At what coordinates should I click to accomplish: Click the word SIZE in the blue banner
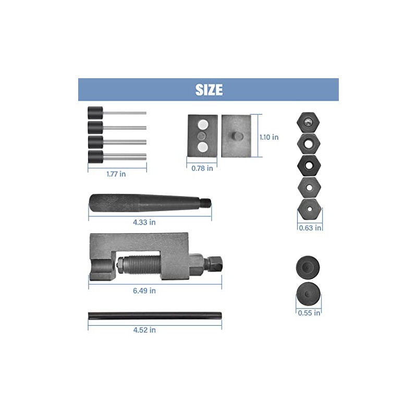[x=209, y=90]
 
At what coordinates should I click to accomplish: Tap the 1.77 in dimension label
[x=116, y=174]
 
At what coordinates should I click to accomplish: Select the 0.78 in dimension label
[x=202, y=168]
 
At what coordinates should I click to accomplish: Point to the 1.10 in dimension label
[x=269, y=137]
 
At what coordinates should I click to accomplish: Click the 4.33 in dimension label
[x=144, y=222]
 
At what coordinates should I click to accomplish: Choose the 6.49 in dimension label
[x=144, y=290]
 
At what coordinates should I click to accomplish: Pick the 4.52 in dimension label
[x=144, y=330]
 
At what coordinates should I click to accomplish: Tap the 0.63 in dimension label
[x=310, y=228]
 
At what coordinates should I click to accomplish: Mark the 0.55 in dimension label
[x=309, y=313]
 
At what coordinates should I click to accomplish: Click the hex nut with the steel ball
[x=308, y=122]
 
